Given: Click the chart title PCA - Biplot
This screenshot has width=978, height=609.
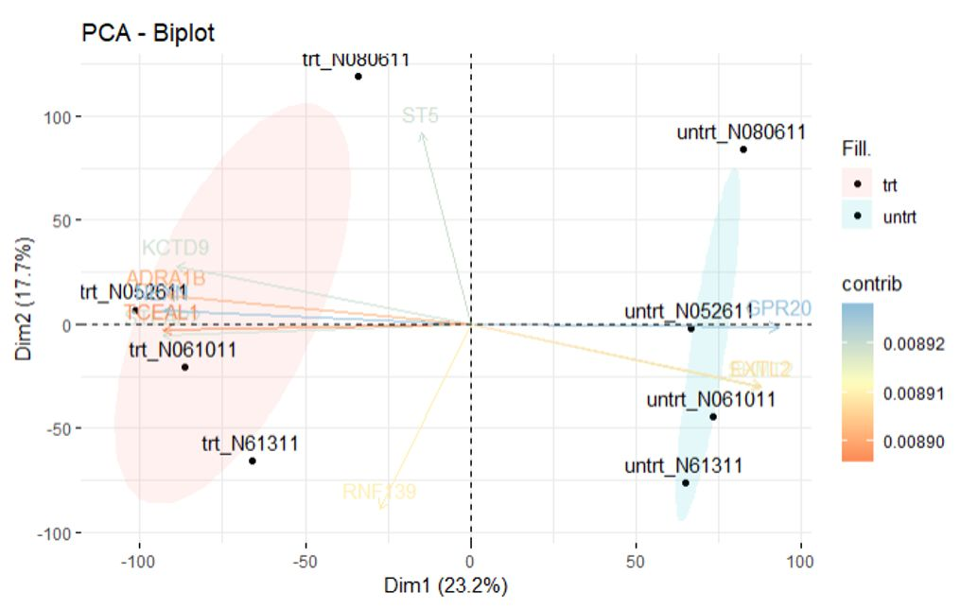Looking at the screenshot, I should (148, 34).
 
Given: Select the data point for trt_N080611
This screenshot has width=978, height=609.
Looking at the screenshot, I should (358, 77).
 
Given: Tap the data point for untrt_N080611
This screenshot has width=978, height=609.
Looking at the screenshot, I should (743, 149).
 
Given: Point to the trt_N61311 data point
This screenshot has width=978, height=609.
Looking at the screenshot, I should (253, 461).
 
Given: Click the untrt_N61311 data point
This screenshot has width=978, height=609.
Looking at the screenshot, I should (685, 483).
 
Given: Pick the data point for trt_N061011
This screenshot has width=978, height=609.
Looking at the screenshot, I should (185, 367).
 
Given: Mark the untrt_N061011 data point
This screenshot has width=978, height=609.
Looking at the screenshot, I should (713, 417).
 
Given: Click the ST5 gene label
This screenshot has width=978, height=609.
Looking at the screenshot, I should (421, 116).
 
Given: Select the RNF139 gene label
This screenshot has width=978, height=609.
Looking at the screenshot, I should (379, 492).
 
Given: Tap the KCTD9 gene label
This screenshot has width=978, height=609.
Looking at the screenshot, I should (175, 249).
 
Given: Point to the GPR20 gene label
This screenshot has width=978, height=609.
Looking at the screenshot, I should (778, 308).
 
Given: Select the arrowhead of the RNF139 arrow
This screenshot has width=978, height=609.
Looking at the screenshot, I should (380, 508).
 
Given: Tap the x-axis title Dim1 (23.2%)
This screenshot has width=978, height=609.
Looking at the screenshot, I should (445, 585).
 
